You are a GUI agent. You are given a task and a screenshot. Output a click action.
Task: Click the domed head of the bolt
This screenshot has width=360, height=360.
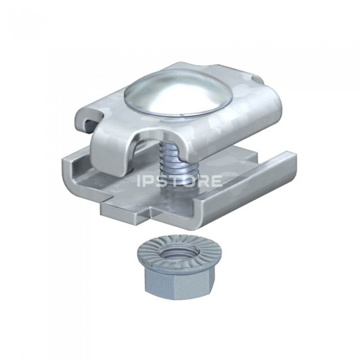[172, 94]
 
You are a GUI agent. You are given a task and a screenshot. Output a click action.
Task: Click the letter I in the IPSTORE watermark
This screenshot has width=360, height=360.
[139, 181]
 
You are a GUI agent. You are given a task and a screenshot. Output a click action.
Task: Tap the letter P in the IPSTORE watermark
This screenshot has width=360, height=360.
[149, 181]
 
